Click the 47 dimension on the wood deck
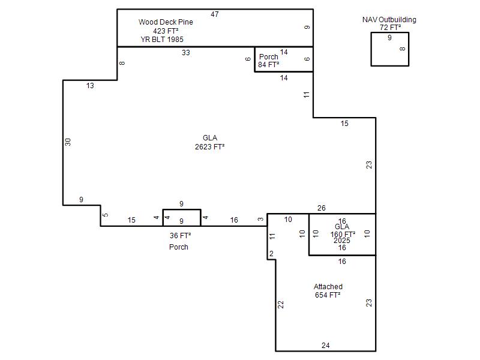pyautogui.click(x=215, y=14)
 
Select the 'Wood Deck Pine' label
pyautogui.click(x=166, y=22)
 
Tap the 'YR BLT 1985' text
pyautogui.click(x=162, y=40)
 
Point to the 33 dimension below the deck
pyautogui.click(x=186, y=53)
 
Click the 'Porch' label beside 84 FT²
pyautogui.click(x=268, y=56)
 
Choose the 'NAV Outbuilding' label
pyautogui.click(x=389, y=20)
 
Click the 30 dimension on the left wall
pyautogui.click(x=68, y=142)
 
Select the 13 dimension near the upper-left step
pyautogui.click(x=90, y=86)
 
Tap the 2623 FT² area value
pyautogui.click(x=209, y=147)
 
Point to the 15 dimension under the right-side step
pyautogui.click(x=344, y=124)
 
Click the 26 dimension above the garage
pyautogui.click(x=322, y=208)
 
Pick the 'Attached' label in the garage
pyautogui.click(x=328, y=287)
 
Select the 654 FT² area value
pyautogui.click(x=328, y=295)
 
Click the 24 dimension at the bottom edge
pyautogui.click(x=326, y=346)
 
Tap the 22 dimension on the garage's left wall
pyautogui.click(x=281, y=305)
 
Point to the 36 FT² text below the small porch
pyautogui.click(x=181, y=236)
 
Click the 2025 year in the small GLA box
pyautogui.click(x=342, y=241)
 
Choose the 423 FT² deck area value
pyautogui.click(x=166, y=31)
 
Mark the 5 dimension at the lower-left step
pyautogui.click(x=106, y=215)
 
